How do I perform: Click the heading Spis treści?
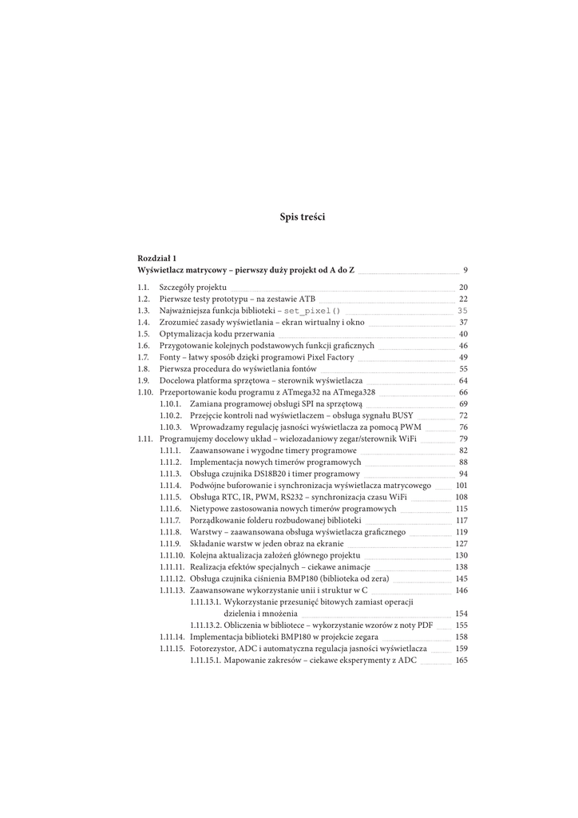(x=303, y=217)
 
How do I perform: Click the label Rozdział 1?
(x=157, y=259)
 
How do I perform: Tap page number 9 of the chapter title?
(x=465, y=271)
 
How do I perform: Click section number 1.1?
(x=144, y=288)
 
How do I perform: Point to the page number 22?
(x=463, y=299)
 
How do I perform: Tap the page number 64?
(x=463, y=380)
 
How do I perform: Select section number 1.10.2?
(x=171, y=415)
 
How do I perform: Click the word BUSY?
(x=402, y=415)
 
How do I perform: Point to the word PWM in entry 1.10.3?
(x=411, y=427)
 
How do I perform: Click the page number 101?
(x=461, y=486)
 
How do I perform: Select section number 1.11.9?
(x=171, y=543)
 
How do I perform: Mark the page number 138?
(x=461, y=566)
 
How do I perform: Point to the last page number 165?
(x=461, y=661)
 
